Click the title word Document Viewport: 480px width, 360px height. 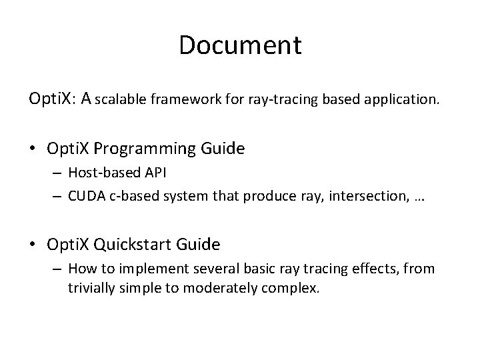[240, 45]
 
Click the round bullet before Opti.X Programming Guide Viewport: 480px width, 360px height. [34, 148]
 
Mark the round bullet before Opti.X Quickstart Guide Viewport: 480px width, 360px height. [34, 245]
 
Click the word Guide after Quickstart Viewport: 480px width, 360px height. [198, 245]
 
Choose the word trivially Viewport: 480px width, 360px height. [87, 289]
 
